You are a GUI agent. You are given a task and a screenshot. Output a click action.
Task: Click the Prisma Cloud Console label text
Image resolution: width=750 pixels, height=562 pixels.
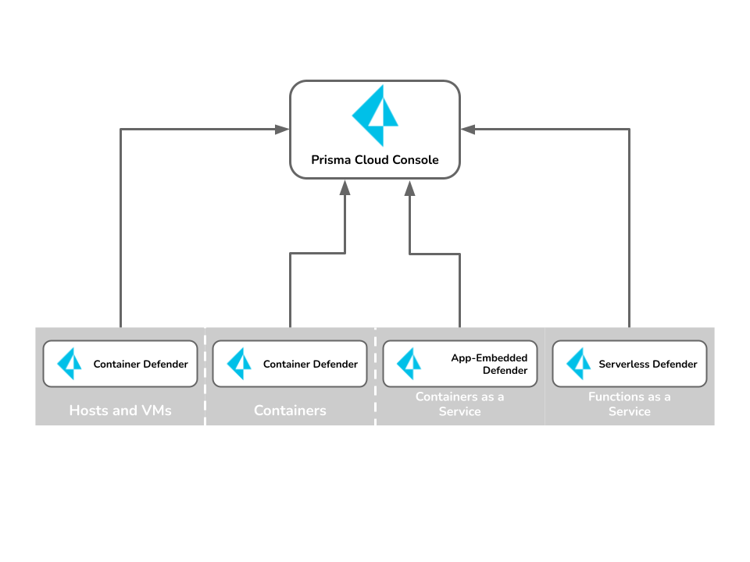pyautogui.click(x=374, y=159)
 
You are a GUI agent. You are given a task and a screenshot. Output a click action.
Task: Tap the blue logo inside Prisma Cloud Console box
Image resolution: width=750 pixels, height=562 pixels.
pyautogui.click(x=375, y=116)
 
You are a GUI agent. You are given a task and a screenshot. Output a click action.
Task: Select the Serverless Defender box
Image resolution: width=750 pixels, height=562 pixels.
pyautogui.click(x=630, y=364)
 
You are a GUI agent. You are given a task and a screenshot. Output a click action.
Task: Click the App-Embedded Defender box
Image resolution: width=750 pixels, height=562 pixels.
pyautogui.click(x=460, y=364)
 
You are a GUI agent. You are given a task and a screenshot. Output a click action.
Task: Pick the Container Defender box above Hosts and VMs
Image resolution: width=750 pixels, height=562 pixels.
pyautogui.click(x=120, y=364)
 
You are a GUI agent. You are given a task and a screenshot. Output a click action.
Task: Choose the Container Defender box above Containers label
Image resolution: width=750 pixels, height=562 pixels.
pyautogui.click(x=290, y=364)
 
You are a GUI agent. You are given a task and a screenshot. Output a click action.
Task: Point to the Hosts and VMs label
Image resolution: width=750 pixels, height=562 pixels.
pyautogui.click(x=120, y=410)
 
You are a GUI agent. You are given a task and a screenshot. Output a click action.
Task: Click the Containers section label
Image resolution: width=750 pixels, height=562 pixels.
pyautogui.click(x=290, y=410)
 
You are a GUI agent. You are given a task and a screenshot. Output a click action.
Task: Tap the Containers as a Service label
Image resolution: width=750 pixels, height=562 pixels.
pyautogui.click(x=459, y=404)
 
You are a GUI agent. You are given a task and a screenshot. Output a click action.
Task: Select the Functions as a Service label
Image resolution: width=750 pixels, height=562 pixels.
pyautogui.click(x=630, y=404)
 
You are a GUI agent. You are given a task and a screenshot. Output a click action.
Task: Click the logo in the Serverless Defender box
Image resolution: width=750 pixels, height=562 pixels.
pyautogui.click(x=579, y=364)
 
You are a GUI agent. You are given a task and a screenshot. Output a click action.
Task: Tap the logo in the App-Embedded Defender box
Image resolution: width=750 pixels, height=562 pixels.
pyautogui.click(x=409, y=364)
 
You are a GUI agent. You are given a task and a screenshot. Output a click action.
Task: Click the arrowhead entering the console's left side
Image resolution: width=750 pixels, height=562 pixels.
pyautogui.click(x=282, y=129)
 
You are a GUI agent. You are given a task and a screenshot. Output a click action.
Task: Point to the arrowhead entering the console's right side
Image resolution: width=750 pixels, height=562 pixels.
pyautogui.click(x=467, y=129)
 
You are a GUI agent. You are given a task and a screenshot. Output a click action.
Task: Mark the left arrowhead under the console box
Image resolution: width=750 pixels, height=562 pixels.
pyautogui.click(x=345, y=187)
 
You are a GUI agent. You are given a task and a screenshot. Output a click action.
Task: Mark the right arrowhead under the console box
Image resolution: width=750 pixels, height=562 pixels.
pyautogui.click(x=409, y=188)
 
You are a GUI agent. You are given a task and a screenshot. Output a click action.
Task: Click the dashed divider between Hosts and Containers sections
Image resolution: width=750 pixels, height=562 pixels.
pyautogui.click(x=205, y=376)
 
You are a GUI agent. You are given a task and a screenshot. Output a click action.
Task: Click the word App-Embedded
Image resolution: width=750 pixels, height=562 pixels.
pyautogui.click(x=489, y=358)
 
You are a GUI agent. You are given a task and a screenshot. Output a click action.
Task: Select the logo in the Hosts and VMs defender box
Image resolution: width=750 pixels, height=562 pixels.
pyautogui.click(x=70, y=364)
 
